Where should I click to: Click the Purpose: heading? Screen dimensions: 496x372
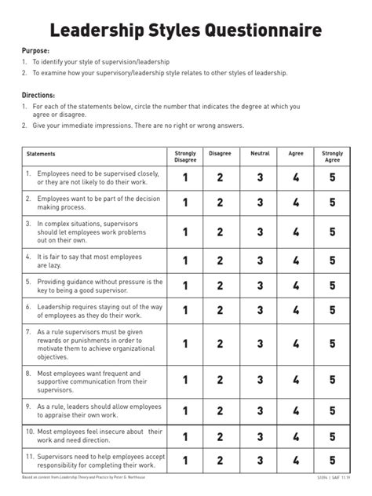tap(35, 49)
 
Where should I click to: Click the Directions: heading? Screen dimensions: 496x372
tap(38, 94)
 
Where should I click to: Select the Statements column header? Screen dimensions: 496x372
tap(41, 154)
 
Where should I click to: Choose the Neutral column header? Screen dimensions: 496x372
tap(260, 154)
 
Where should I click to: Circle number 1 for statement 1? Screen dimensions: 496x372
tap(185, 178)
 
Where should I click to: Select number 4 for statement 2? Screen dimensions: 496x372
tap(296, 203)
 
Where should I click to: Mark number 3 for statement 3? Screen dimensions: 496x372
tap(260, 232)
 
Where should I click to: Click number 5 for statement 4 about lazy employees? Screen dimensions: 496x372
tap(332, 261)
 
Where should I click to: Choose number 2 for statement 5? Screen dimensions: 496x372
tap(221, 286)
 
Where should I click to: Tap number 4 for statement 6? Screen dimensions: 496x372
tap(296, 311)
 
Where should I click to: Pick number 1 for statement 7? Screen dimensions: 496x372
tap(185, 344)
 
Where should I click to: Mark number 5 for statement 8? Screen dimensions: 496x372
tap(332, 381)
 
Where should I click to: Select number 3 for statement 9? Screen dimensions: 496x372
tap(260, 411)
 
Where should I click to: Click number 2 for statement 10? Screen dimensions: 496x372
tap(221, 436)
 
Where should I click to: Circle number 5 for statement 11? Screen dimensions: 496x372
tap(332, 461)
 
